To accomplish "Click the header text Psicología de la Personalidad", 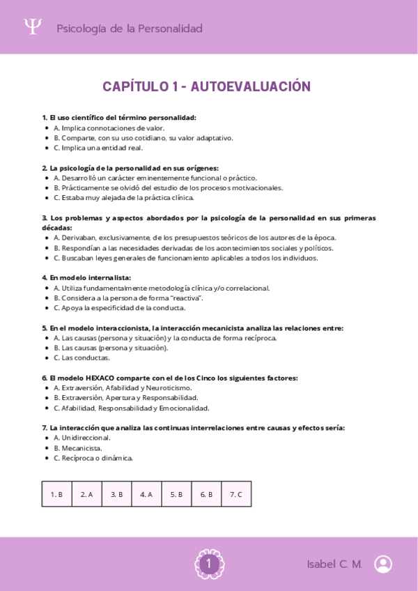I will point(129,29).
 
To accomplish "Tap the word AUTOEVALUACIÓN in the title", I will point(250,86).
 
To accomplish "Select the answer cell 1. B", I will point(56,494).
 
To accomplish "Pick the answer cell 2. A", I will point(86,494).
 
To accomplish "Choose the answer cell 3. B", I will point(116,494).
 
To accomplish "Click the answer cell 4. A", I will point(146,494).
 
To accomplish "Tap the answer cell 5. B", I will point(176,494).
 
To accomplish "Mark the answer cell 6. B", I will point(206,494).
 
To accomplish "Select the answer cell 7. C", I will point(236,494).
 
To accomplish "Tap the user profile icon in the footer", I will point(382,564).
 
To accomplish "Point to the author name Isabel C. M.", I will point(334,565).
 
